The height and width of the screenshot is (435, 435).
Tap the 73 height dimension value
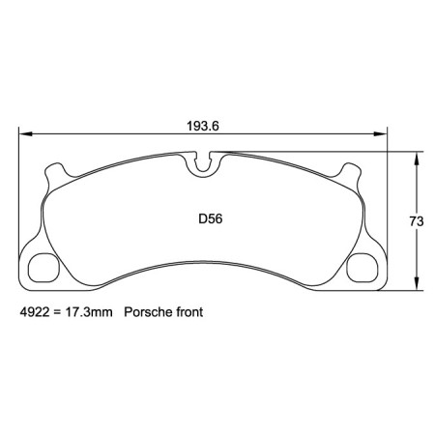pyautogui.click(x=417, y=221)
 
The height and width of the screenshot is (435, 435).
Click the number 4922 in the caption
pyautogui.click(x=35, y=314)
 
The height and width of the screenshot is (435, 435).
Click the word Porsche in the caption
pyautogui.click(x=147, y=314)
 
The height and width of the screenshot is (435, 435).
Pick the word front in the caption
pyautogui.click(x=188, y=314)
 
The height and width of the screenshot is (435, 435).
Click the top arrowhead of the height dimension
pyautogui.click(x=417, y=156)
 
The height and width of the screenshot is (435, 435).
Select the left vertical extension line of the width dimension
pyautogui.click(x=19, y=193)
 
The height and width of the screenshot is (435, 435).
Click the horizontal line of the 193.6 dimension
pyautogui.click(x=116, y=134)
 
